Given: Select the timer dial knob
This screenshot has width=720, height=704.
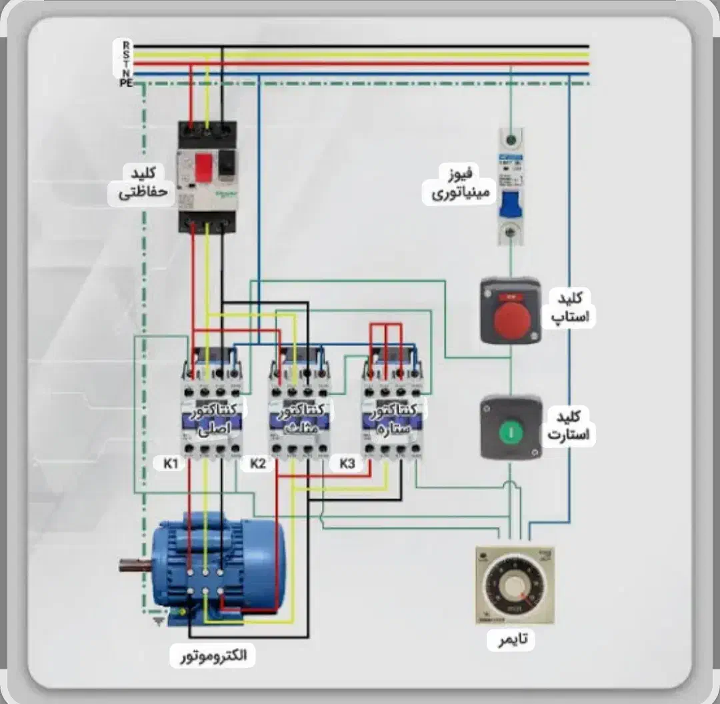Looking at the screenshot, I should (x=514, y=586).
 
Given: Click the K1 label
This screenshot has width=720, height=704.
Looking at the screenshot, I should (x=170, y=463).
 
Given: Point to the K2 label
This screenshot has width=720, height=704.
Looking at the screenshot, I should (x=258, y=463).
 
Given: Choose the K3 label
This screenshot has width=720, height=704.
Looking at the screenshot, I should (x=347, y=463).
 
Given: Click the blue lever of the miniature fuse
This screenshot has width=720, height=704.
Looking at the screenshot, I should (x=511, y=204).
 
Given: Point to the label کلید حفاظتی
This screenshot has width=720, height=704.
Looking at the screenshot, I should (x=143, y=184).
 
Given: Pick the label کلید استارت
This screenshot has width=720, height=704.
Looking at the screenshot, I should (x=571, y=426).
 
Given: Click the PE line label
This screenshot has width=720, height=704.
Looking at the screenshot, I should (x=126, y=83).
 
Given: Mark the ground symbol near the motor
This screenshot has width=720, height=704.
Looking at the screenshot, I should (x=159, y=621).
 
